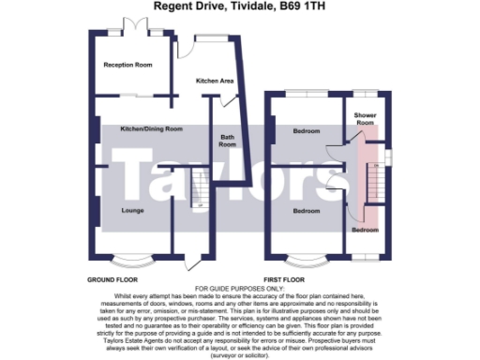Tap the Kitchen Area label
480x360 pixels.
tap(214, 82)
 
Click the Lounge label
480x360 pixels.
tap(131, 210)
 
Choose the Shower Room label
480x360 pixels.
tap(364, 119)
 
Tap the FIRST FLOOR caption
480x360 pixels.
tap(287, 279)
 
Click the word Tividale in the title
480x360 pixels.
tap(252, 7)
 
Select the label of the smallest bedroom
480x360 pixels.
tap(364, 230)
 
